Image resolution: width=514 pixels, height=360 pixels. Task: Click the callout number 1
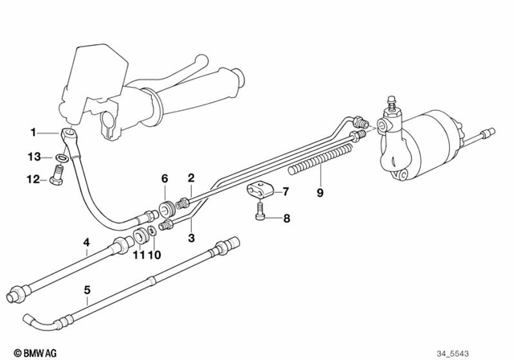pos(34,131)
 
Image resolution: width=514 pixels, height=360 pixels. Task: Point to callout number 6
pos(164,178)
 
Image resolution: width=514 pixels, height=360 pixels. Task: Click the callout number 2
pos(191,178)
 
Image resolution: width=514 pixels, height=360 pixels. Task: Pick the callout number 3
pos(191,238)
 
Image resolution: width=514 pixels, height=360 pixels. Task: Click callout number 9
pos(320,192)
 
